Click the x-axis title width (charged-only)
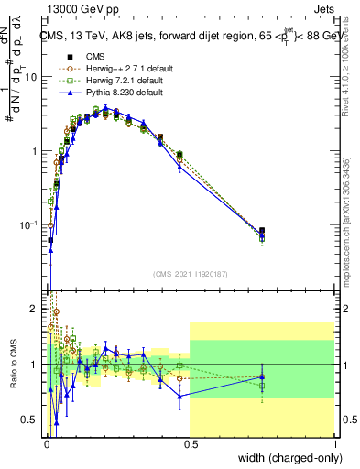coord(287,458)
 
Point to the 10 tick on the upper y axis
coord(29,77)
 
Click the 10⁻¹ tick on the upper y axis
coord(27,224)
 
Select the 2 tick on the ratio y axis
coord(33,307)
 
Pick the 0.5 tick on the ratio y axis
coord(29,421)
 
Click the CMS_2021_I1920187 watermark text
coord(191,274)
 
